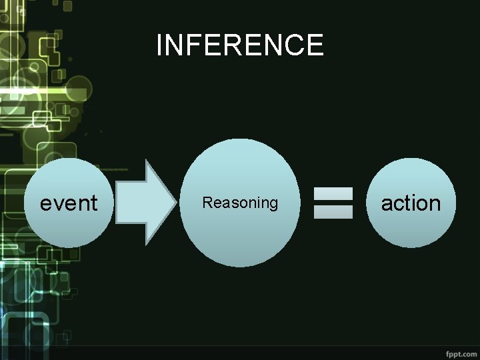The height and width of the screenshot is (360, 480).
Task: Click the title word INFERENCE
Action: click(x=240, y=45)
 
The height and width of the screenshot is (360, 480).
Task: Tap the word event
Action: click(x=69, y=203)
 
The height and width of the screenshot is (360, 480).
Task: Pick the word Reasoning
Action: click(x=240, y=203)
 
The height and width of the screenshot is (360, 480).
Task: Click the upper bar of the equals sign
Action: click(x=333, y=194)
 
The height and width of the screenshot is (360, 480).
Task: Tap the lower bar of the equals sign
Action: click(x=333, y=211)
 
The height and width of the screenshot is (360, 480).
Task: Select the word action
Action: click(x=411, y=203)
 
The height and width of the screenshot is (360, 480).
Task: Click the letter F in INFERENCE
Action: click(x=196, y=45)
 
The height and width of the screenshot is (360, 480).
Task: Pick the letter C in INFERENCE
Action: click(x=294, y=45)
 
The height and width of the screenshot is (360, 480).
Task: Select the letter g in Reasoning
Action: click(x=273, y=204)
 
